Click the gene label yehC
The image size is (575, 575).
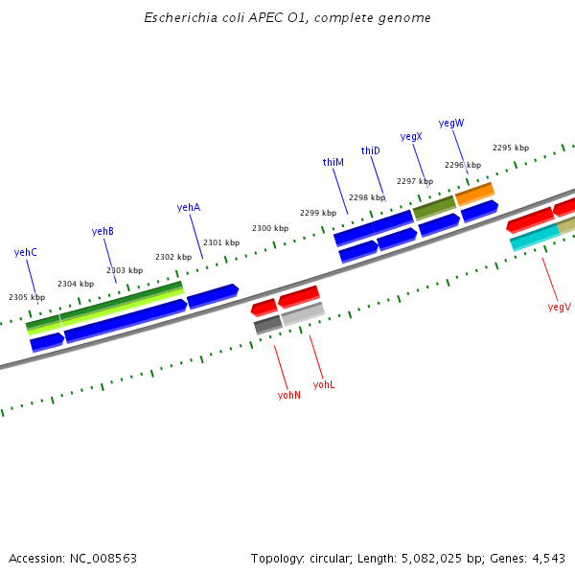pos(26,252)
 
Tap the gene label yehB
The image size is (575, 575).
pos(103,231)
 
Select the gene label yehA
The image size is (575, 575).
pos(189,207)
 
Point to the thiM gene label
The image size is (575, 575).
pos(333,163)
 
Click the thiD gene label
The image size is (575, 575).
pos(371,150)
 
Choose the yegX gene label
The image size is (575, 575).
pos(411,137)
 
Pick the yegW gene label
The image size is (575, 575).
pos(451,123)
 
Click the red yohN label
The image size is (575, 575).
pos(289,395)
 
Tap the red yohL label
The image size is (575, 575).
pos(324,384)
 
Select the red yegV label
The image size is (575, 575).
pos(559,307)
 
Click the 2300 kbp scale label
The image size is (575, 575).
pos(270,228)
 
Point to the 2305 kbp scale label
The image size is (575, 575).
pos(27,297)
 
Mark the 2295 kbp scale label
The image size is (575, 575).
pos(511,148)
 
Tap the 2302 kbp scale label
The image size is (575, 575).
pos(173,257)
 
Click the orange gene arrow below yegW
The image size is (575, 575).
pos(474,194)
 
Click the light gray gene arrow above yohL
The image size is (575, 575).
pos(303,313)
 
